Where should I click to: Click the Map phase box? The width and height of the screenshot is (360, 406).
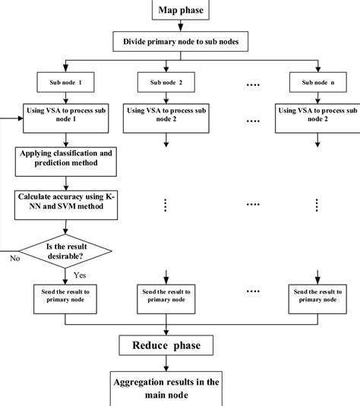pos(180,10)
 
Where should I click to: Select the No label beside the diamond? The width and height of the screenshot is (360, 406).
pos(13,258)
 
